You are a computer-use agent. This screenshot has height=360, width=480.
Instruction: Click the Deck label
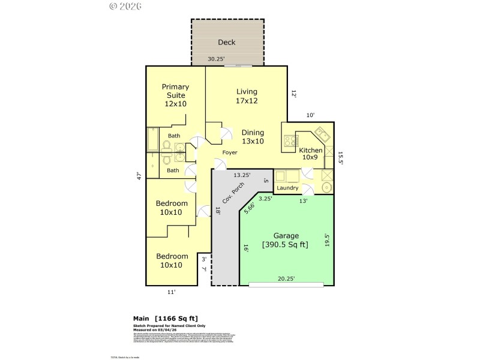(227, 43)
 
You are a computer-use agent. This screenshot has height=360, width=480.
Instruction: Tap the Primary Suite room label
(175, 95)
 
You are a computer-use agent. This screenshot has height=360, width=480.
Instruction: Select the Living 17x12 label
(247, 96)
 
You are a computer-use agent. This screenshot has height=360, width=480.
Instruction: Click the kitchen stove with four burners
(290, 142)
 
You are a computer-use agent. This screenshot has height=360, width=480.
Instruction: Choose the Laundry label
(288, 188)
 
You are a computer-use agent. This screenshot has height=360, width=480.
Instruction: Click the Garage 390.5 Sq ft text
(286, 240)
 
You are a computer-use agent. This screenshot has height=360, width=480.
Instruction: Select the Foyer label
(230, 152)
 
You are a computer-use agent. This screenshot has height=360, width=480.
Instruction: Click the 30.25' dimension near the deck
(217, 59)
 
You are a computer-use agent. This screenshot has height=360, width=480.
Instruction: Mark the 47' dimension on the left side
(139, 176)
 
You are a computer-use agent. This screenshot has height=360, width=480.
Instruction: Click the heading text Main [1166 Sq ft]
(165, 318)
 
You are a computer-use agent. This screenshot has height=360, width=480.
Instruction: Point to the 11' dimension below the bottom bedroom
(171, 292)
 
